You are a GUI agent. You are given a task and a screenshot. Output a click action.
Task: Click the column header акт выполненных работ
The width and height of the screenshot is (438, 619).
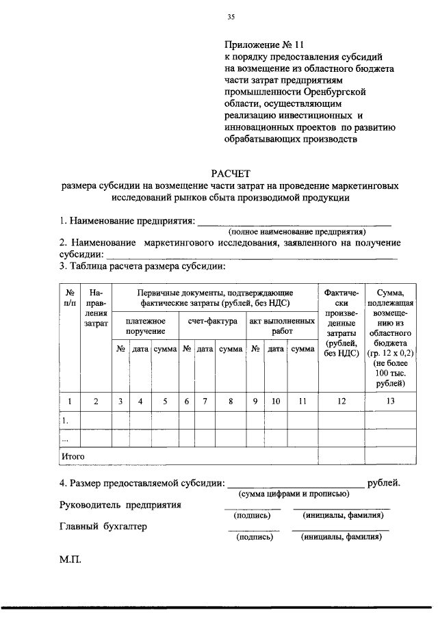(x=281, y=326)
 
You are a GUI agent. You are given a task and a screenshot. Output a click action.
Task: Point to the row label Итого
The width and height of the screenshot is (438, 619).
(x=73, y=454)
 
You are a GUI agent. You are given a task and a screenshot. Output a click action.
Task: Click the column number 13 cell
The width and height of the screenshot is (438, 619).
(x=389, y=402)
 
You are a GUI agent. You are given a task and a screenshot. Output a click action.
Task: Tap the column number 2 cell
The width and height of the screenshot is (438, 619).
(x=96, y=402)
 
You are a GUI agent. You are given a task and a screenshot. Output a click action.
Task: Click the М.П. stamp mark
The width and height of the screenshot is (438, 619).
(x=70, y=559)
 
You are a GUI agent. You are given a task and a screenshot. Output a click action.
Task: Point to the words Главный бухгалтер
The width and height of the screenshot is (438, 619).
(x=103, y=527)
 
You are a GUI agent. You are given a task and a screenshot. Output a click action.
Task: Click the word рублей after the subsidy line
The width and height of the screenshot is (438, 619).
(x=384, y=483)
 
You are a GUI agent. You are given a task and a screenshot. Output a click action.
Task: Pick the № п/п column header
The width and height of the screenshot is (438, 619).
(x=70, y=298)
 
